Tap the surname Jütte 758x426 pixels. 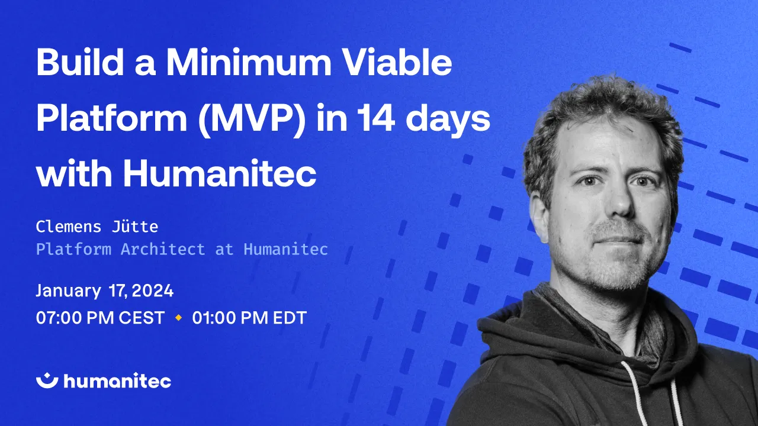pyautogui.click(x=137, y=226)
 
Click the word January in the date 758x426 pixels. pyautogui.click(x=68, y=291)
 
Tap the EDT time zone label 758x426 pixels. pyautogui.click(x=290, y=318)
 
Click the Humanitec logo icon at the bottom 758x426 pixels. pyautogui.click(x=47, y=380)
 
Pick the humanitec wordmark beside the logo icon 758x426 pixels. pyautogui.click(x=117, y=381)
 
